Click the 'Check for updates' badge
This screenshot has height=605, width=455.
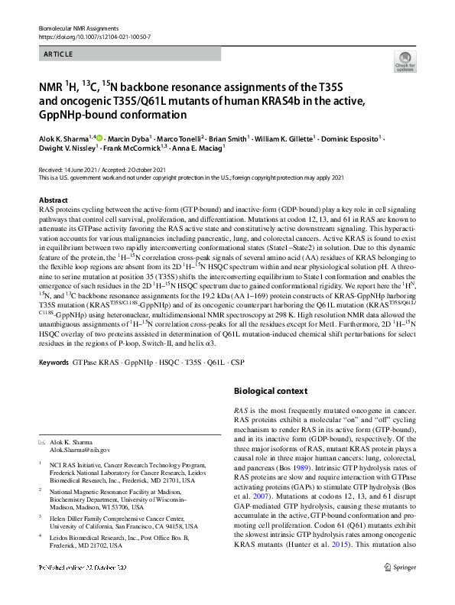[404, 60]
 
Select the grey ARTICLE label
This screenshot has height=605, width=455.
[58, 54]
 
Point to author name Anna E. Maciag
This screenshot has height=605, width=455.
[195, 162]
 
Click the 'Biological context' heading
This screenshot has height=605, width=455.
[270, 391]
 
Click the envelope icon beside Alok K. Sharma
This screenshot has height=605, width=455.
[41, 442]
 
